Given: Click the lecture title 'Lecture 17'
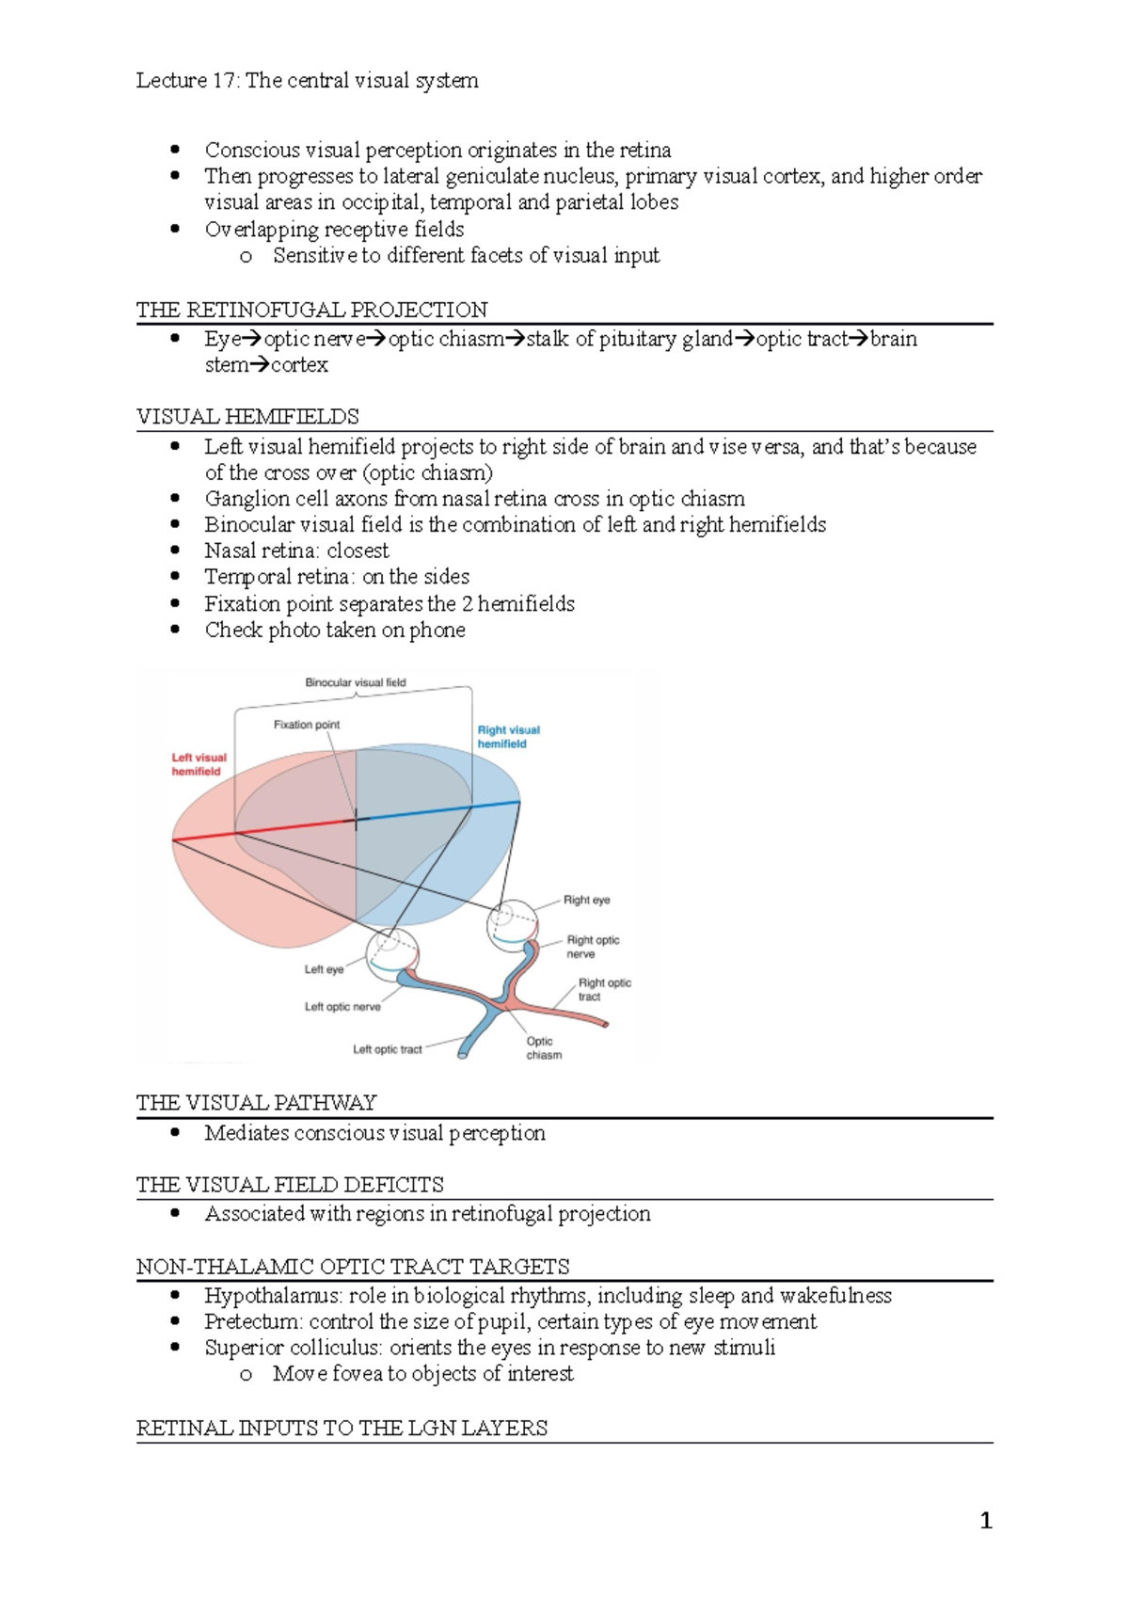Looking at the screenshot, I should point(186,81).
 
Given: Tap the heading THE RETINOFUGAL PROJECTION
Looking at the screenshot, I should point(311,310).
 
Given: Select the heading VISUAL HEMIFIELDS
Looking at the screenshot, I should point(247,416).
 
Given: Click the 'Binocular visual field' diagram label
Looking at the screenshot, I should point(355,682).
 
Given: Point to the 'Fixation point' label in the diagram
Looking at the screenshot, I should point(307,725).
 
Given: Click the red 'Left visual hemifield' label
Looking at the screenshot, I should point(199,764).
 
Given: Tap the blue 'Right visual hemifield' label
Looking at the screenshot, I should point(508,737).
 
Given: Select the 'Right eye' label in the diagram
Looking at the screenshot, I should point(586,900).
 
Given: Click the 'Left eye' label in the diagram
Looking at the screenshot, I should point(324,969).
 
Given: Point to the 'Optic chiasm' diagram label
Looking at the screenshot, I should point(543,1047).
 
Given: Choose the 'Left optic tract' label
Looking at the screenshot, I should point(387,1049).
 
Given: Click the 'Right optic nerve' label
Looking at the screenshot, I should point(593,947).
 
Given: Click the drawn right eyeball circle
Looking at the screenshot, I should point(512,921).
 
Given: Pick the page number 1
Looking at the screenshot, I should point(985,1521).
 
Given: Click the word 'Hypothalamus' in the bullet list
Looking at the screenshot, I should point(271,1296).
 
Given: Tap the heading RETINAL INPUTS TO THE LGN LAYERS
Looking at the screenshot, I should point(342,1428).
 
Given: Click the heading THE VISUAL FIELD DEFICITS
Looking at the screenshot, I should point(290,1184).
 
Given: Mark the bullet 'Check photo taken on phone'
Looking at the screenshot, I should point(335,630).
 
